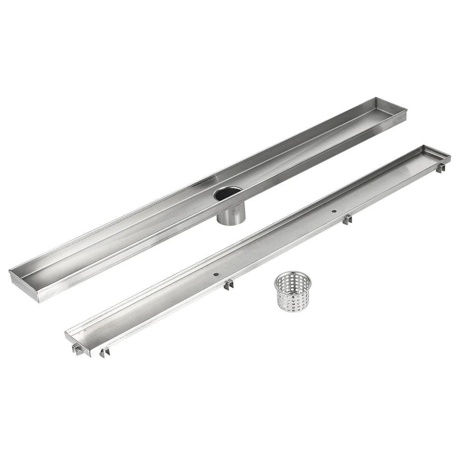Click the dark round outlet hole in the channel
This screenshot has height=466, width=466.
pyautogui.click(x=228, y=193)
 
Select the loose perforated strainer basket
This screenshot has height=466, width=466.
pyautogui.click(x=293, y=293)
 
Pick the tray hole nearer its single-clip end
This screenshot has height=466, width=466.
pyautogui.click(x=334, y=212)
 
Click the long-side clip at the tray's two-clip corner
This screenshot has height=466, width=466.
pyautogui.click(x=104, y=352)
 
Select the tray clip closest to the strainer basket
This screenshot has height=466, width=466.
pyautogui.click(x=228, y=285)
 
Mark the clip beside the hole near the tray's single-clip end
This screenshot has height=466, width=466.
pyautogui.click(x=347, y=219)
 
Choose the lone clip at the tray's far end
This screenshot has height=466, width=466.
pyautogui.click(x=440, y=168)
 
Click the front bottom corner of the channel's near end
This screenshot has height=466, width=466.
pyautogui.click(x=40, y=302)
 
